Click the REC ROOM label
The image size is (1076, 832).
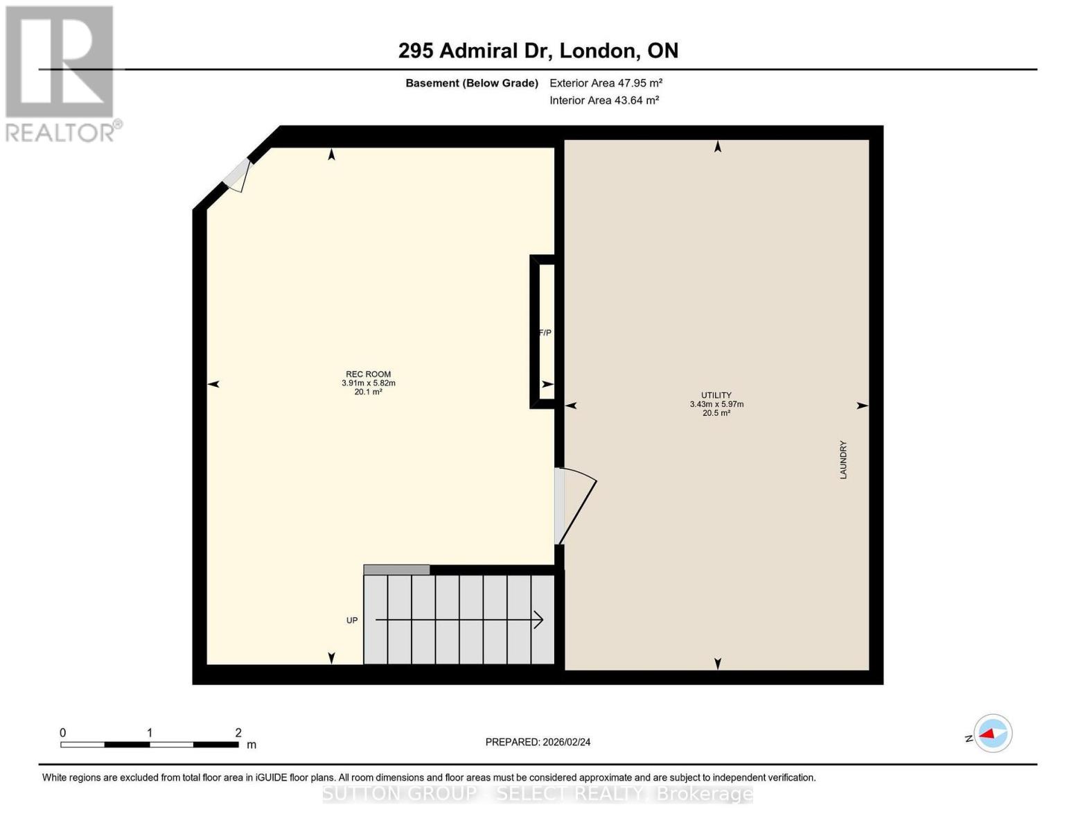tap(368, 374)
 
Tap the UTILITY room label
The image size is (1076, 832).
tap(716, 395)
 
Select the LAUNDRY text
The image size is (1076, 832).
tap(843, 460)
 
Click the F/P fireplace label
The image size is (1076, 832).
tap(545, 333)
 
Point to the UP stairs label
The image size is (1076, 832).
tap(352, 621)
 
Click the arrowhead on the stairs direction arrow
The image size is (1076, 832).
tap(538, 620)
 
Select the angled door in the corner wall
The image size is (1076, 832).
tap(237, 175)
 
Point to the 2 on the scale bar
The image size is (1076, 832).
tap(238, 733)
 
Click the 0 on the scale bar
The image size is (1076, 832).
tap(63, 733)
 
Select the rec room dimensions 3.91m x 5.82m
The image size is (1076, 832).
tap(368, 383)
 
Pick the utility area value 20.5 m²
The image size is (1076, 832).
tap(716, 413)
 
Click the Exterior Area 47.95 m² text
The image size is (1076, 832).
tap(606, 83)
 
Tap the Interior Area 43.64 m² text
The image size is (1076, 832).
tap(603, 101)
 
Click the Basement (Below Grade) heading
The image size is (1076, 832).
tap(471, 83)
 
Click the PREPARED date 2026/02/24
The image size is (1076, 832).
tap(538, 742)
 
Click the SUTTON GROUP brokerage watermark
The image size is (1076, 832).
tap(538, 794)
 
